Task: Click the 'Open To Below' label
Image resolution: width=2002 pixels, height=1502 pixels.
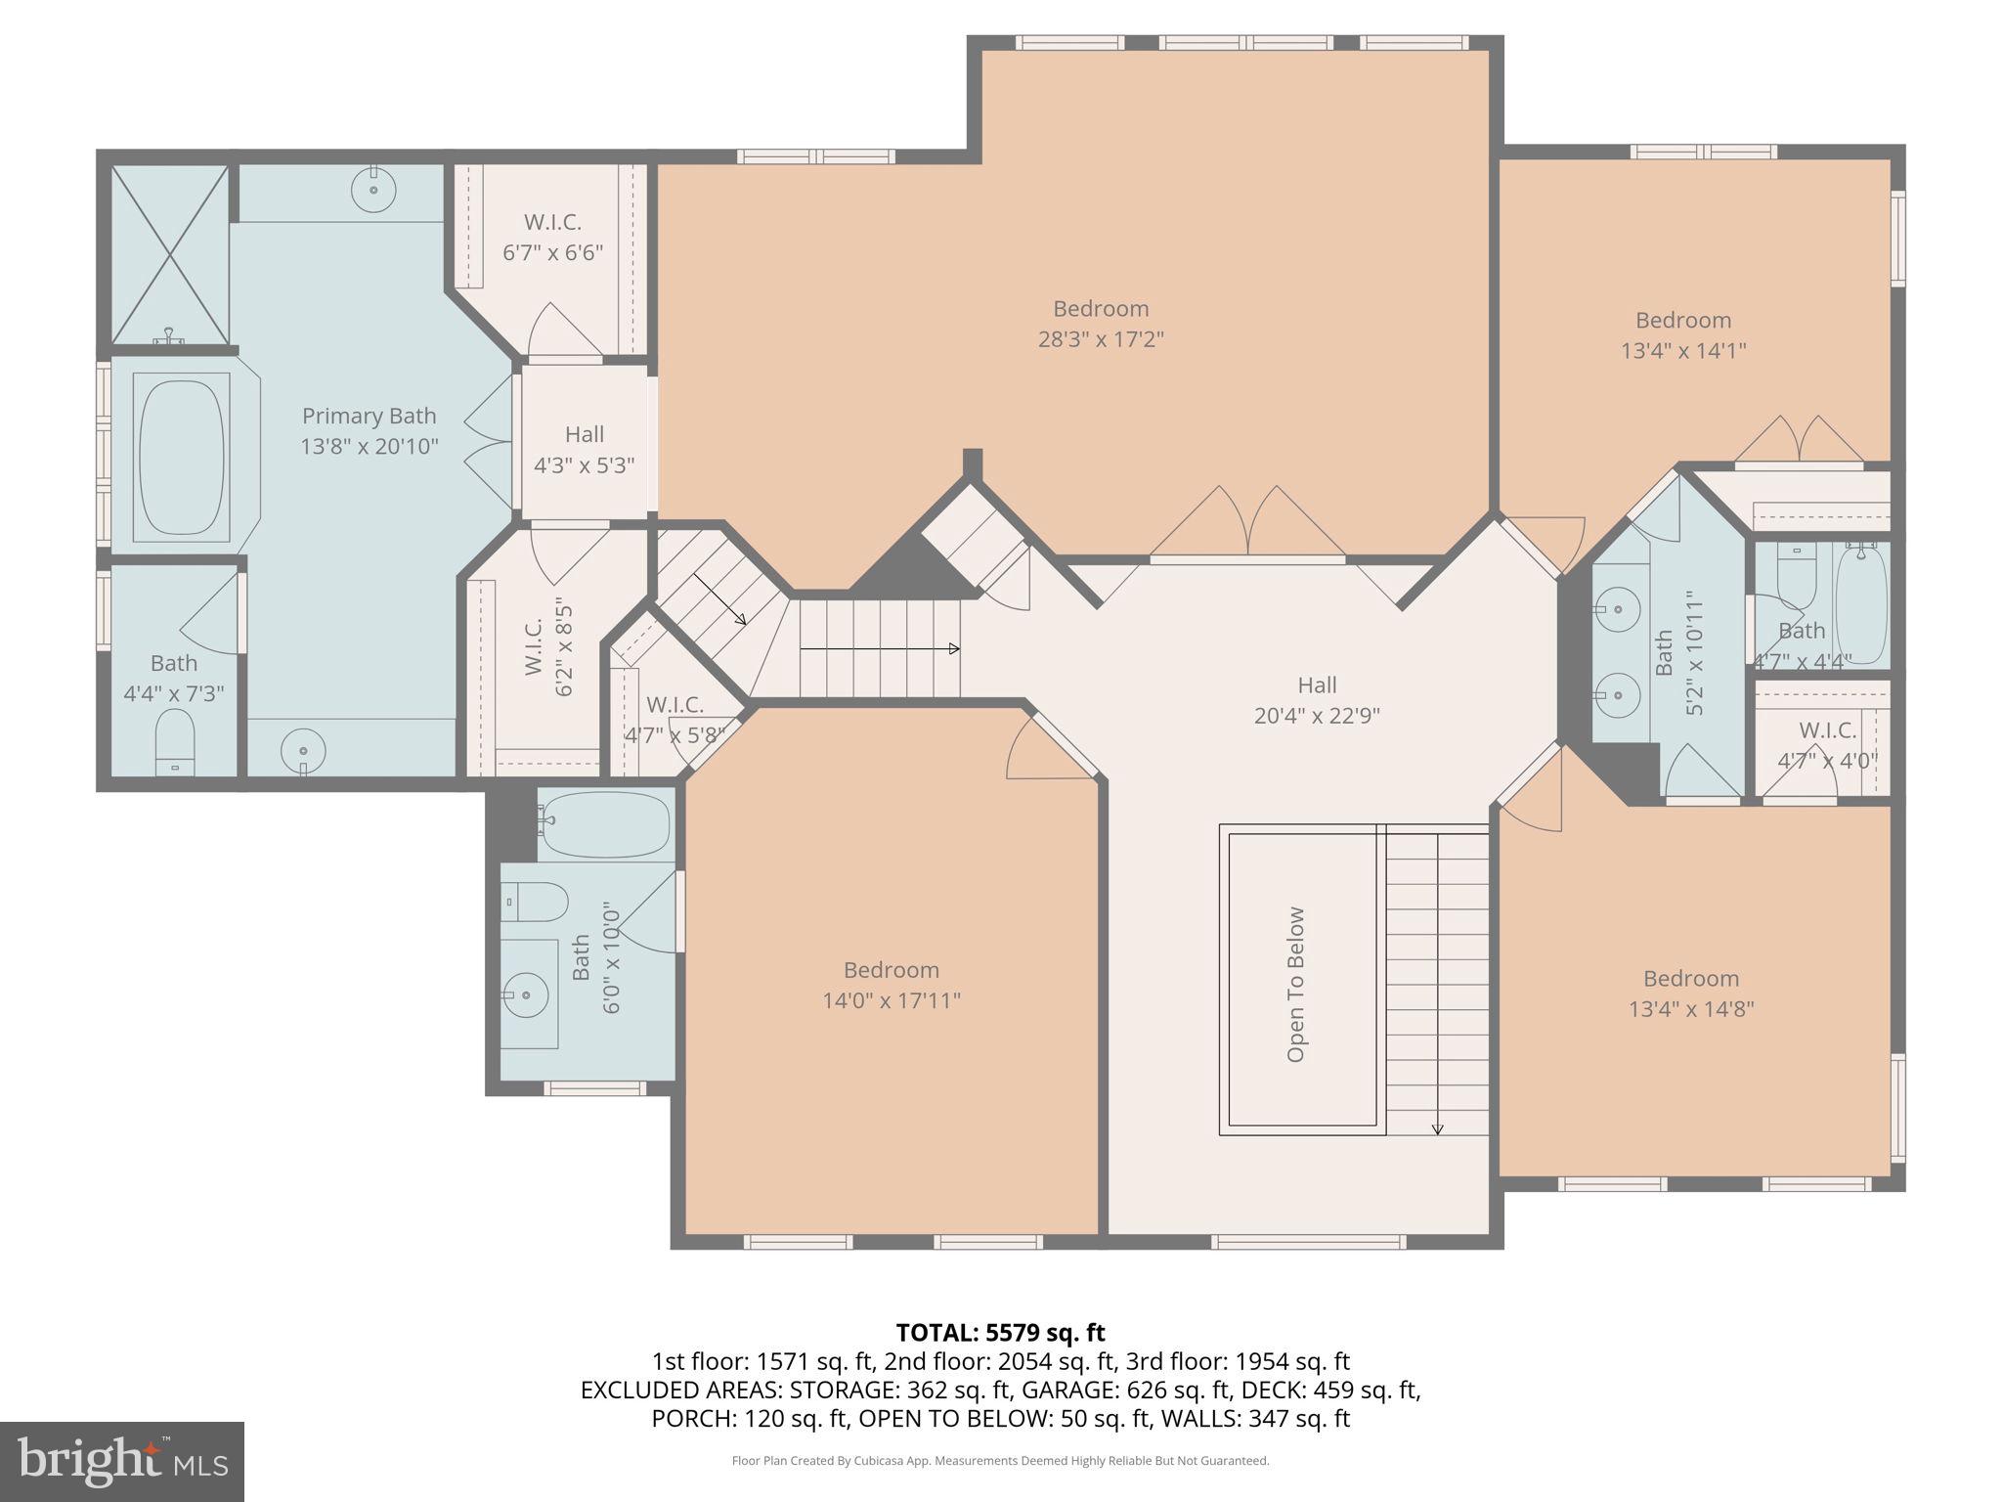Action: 1296,985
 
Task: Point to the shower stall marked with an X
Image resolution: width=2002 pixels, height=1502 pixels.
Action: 171,254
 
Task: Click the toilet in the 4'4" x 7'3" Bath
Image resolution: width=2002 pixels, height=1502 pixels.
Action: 176,741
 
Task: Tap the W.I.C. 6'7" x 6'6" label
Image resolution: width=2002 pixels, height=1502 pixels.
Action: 552,238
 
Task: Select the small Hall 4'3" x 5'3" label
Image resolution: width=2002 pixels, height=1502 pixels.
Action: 584,450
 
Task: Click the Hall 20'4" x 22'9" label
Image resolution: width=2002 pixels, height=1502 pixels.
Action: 1317,700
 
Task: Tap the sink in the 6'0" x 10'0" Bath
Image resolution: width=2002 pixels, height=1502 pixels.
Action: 527,994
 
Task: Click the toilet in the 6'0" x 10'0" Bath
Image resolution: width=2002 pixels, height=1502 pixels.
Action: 535,902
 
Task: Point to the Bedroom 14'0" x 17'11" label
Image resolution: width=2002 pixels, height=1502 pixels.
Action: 892,985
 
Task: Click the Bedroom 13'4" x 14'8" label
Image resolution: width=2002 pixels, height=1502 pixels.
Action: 1691,994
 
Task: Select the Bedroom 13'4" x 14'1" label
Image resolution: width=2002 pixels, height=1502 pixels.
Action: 1683,335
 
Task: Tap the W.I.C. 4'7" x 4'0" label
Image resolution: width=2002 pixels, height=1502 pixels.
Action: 1827,745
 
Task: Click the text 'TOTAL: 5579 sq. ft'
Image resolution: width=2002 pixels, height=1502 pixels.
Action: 1000,1333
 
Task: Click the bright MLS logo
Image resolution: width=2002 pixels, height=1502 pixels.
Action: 122,1462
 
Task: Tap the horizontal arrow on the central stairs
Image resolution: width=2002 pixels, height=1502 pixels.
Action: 880,648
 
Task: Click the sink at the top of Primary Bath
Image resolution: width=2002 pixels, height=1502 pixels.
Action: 373,187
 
